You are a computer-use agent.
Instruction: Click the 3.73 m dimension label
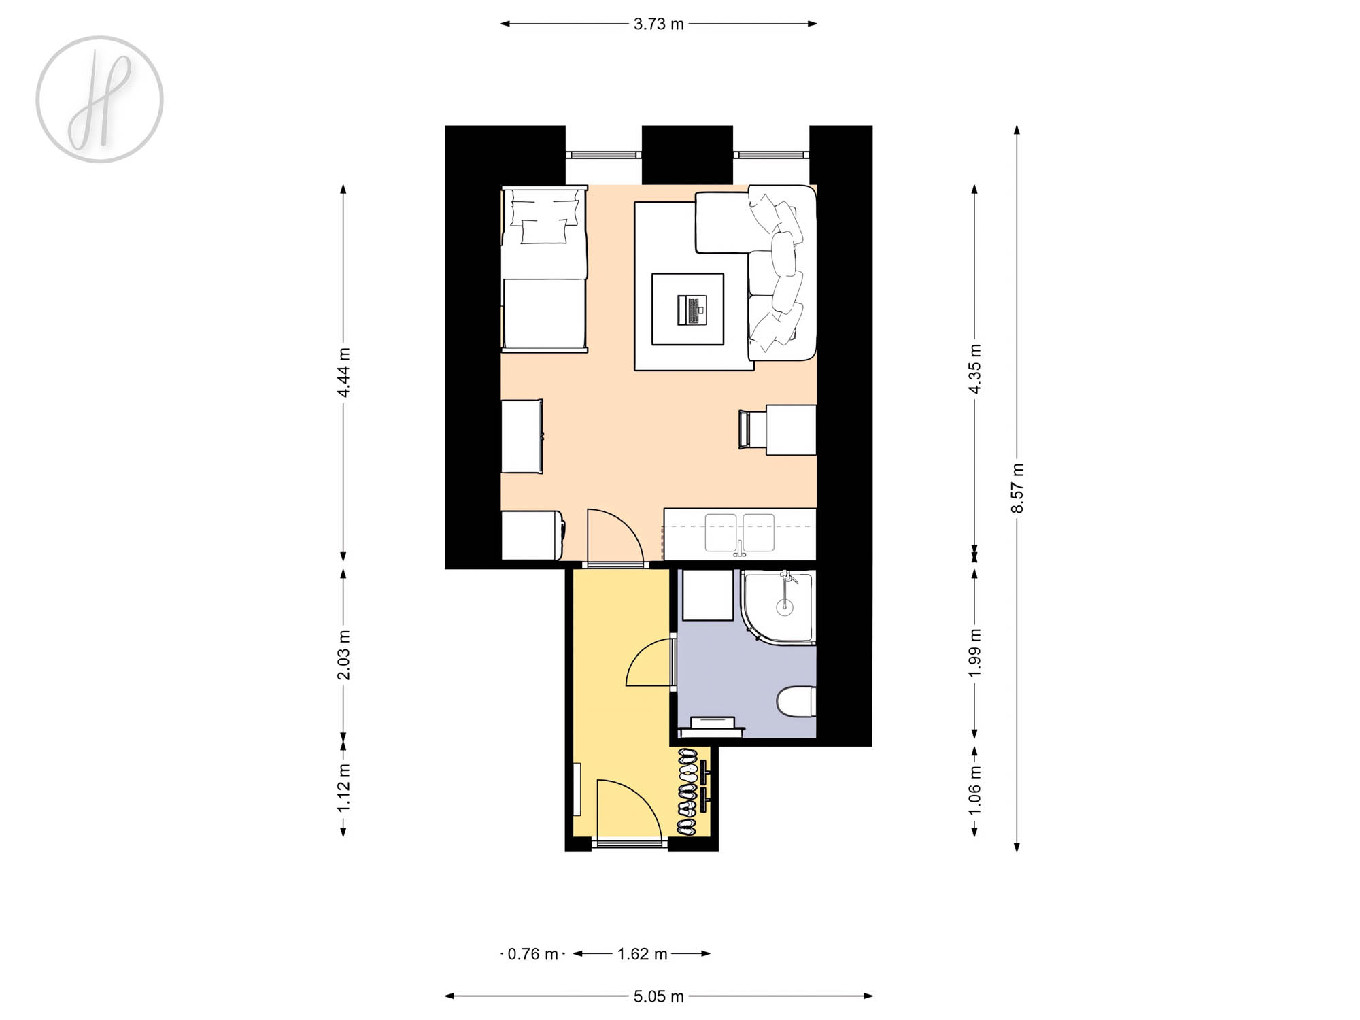658,24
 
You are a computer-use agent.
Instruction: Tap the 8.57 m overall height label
1017,488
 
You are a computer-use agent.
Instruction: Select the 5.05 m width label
658,997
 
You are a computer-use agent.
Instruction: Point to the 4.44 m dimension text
344,372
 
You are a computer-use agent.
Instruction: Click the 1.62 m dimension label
642,954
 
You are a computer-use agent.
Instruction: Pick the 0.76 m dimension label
532,954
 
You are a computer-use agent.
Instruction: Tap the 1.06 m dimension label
975,789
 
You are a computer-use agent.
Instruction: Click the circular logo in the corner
100,99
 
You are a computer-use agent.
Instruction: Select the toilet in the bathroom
796,702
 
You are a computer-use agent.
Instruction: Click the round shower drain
785,607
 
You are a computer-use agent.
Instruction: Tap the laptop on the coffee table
691,310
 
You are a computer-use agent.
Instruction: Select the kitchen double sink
739,532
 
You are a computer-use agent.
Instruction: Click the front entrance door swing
629,809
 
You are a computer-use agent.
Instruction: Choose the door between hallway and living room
615,537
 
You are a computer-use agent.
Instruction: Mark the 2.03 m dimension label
344,654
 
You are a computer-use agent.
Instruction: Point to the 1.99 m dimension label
975,653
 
